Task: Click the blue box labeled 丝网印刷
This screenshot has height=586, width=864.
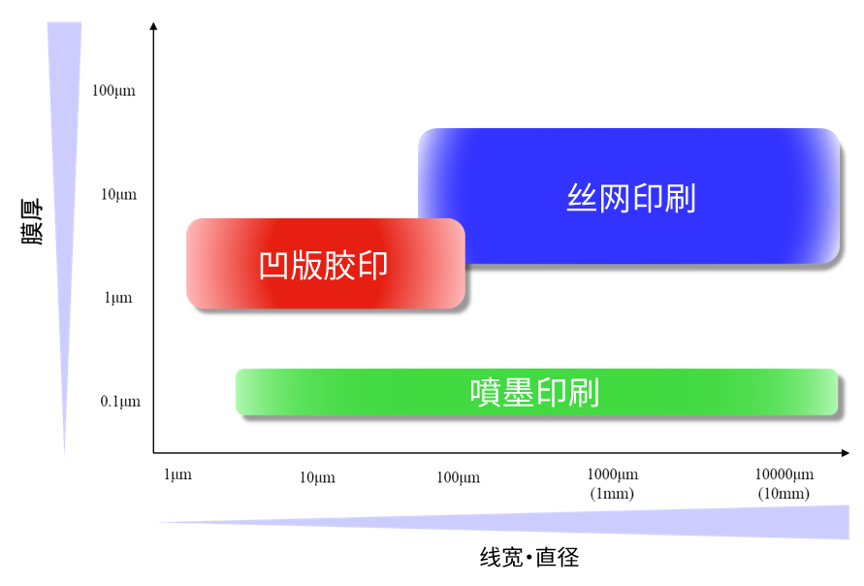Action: [x=628, y=196]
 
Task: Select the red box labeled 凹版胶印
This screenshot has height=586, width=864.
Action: [x=326, y=264]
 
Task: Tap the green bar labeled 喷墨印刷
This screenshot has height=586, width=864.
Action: [x=536, y=392]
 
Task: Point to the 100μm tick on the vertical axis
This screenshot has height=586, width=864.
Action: [x=113, y=91]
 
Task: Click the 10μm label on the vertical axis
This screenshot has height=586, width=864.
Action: [x=118, y=195]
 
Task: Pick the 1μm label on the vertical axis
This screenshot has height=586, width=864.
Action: [x=118, y=298]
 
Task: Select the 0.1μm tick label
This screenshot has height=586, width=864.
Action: [x=120, y=402]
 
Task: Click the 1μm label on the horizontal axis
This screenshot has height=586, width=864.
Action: [x=177, y=474]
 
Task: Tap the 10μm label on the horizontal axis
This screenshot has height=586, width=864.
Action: [x=317, y=477]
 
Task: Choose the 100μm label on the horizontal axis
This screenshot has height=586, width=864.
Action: [x=458, y=477]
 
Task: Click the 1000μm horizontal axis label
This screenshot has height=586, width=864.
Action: [x=612, y=474]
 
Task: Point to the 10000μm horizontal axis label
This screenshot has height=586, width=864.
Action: [x=784, y=474]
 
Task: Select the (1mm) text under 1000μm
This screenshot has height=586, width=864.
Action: [x=612, y=494]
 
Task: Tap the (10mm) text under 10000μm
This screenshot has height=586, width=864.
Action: [x=784, y=494]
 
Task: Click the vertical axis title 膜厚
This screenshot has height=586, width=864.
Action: [x=32, y=221]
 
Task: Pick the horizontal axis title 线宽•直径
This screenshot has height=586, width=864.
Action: [x=529, y=557]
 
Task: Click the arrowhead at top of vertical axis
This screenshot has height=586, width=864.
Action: [x=154, y=26]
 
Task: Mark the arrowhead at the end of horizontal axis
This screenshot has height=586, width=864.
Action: [x=846, y=452]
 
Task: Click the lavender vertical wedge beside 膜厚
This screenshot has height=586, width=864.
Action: [x=64, y=165]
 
